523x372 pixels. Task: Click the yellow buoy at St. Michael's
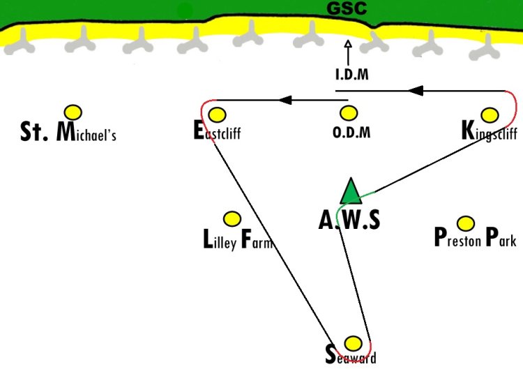click(x=73, y=112)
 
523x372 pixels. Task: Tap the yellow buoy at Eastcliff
click(x=217, y=115)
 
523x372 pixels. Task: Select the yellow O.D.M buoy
click(x=349, y=114)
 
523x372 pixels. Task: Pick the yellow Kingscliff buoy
click(x=490, y=115)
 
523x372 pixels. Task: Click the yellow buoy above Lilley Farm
click(x=232, y=219)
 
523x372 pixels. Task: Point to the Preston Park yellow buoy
click(x=466, y=223)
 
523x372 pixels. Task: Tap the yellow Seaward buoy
click(x=353, y=343)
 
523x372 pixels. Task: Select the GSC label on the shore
click(x=347, y=8)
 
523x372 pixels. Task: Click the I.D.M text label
click(x=352, y=74)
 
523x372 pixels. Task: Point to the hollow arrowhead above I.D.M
click(x=348, y=44)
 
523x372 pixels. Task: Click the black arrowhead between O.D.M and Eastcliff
click(x=285, y=100)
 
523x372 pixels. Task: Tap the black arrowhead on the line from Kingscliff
click(x=416, y=91)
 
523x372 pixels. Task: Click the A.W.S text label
click(x=349, y=221)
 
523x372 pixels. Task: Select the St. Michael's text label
click(x=68, y=132)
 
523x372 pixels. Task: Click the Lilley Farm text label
click(x=238, y=239)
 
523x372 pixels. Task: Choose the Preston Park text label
click(x=476, y=237)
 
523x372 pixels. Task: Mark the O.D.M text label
click(x=351, y=132)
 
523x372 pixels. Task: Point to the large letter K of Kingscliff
click(x=468, y=131)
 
